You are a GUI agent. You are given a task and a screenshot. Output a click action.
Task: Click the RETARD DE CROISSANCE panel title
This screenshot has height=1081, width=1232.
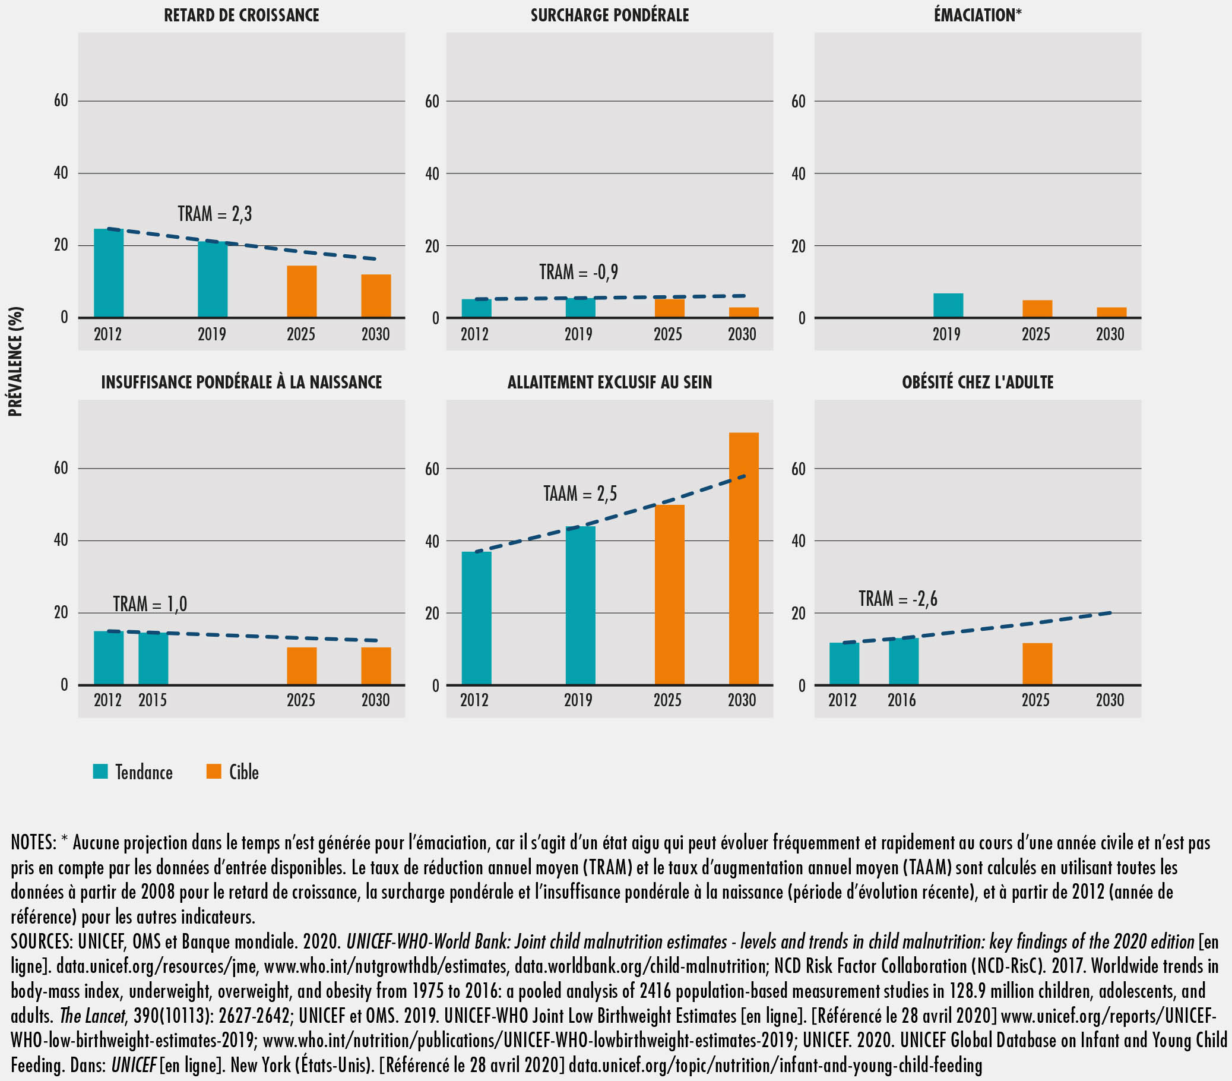[x=241, y=15]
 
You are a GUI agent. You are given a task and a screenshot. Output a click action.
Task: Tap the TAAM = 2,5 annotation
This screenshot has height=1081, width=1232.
[x=580, y=494]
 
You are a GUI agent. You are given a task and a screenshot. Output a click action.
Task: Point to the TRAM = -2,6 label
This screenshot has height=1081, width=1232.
[x=898, y=599]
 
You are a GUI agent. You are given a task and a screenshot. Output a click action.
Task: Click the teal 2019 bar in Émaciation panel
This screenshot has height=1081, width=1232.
[x=948, y=305]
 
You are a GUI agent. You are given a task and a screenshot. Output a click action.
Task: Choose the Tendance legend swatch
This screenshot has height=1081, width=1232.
[x=100, y=771]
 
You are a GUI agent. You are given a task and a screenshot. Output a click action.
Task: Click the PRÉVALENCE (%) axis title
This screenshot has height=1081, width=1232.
[x=15, y=361]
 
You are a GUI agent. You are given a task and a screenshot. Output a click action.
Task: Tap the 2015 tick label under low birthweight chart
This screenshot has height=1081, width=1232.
[x=153, y=700]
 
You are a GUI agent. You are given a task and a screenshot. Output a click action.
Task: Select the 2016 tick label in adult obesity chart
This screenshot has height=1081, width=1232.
[x=901, y=700]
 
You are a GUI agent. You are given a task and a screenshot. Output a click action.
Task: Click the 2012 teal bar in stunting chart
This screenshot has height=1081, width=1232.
[x=109, y=273]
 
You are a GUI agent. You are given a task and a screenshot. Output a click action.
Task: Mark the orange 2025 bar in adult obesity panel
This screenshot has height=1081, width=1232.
[x=1037, y=663]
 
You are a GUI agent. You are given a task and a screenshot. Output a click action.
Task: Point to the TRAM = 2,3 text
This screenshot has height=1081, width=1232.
[x=214, y=214]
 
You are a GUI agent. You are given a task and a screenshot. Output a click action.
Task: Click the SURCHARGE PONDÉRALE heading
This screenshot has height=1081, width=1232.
[x=609, y=15]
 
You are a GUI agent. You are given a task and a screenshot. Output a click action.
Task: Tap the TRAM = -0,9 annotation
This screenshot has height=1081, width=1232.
[x=578, y=273]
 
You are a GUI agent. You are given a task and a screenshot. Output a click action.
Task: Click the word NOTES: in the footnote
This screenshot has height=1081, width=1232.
[x=34, y=843]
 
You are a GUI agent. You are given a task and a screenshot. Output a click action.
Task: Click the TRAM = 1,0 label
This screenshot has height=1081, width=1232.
[x=150, y=604]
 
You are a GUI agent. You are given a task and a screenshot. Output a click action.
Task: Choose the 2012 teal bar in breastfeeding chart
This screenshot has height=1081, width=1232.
[x=476, y=618]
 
